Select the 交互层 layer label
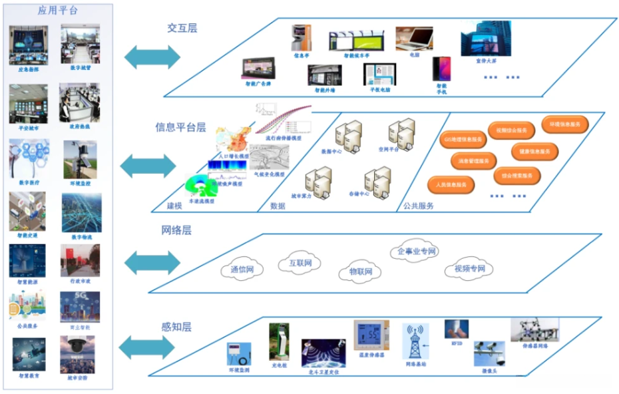click(x=182, y=28)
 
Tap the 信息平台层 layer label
click(x=180, y=126)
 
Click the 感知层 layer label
click(x=176, y=327)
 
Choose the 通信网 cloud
click(x=242, y=270)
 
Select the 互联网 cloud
click(x=300, y=263)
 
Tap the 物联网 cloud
click(x=360, y=272)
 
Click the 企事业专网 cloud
click(x=416, y=252)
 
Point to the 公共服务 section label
click(x=418, y=206)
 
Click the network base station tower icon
click(x=415, y=342)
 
